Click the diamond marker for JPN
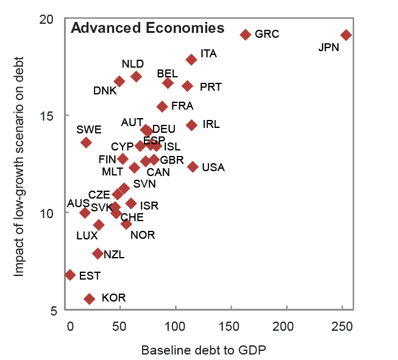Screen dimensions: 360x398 pos(346,35)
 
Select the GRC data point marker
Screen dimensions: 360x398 pos(246,35)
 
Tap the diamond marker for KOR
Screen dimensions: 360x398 pos(90,298)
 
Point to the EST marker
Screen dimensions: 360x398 pos(70,275)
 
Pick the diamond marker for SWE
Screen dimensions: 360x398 pos(86,143)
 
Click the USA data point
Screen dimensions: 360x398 pos(193,167)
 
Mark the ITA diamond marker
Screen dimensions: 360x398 pos(191,60)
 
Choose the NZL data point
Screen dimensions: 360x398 pos(98,253)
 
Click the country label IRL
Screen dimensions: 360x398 pos(211,124)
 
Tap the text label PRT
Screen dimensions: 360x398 pos(210,87)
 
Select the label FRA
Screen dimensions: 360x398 pos(182,106)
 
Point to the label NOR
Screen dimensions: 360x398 pos(143,235)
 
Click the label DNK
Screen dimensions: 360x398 pos(105,91)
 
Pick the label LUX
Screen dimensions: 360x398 pos(87,235)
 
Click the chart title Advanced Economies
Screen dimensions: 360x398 pos(147,28)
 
